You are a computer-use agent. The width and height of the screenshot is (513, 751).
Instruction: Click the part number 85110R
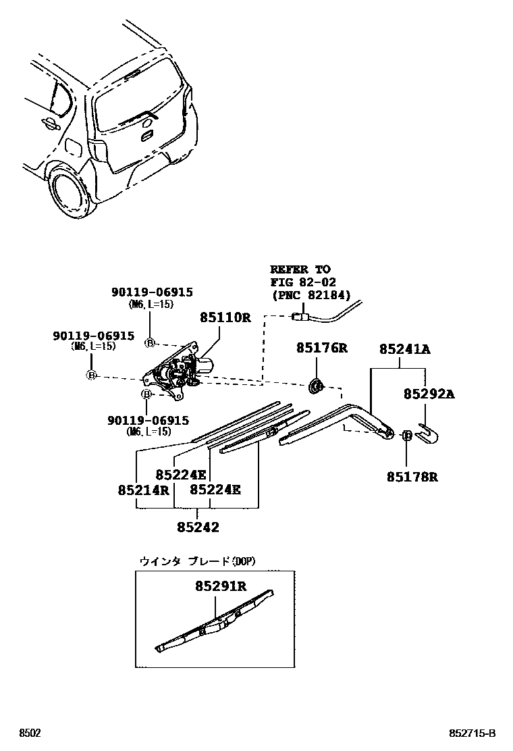(x=225, y=317)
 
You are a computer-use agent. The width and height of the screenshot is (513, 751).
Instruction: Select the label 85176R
(x=322, y=348)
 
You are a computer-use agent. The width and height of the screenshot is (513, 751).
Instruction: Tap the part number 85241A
(x=404, y=349)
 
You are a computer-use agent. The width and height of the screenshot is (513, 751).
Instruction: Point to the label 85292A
(x=429, y=393)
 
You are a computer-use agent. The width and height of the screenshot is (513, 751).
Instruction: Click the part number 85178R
(x=412, y=477)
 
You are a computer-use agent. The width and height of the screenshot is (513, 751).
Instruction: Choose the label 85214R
(x=143, y=490)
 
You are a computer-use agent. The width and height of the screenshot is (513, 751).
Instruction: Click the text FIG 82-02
(x=303, y=282)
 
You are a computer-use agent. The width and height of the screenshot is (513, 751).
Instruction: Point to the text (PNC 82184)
(x=311, y=295)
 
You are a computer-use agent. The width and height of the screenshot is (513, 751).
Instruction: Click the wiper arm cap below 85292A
(x=428, y=434)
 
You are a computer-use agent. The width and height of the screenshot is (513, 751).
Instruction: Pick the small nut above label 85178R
(x=408, y=436)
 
